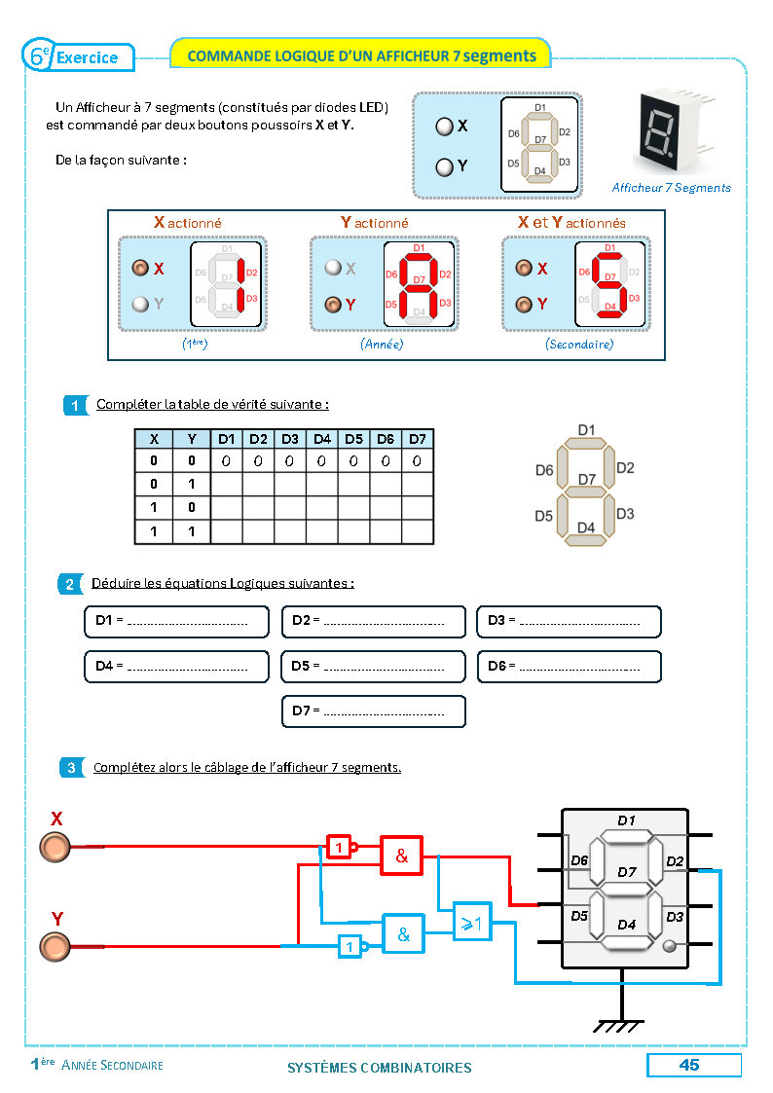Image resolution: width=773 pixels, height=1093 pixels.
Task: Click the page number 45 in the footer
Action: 689,1065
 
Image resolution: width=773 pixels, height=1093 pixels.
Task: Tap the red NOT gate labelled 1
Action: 338,847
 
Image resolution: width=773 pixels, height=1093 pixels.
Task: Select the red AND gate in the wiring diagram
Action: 401,856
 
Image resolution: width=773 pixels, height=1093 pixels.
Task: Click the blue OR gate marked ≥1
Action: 472,920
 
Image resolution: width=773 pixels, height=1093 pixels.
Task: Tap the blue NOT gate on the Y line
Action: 350,945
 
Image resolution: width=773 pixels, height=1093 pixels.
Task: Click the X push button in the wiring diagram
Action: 55,847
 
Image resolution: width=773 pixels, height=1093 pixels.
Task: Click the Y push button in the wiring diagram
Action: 55,945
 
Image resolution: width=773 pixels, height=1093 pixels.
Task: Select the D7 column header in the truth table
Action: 418,439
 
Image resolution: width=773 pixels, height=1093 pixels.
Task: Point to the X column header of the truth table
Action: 153,439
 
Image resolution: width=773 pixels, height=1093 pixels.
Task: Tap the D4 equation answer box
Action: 176,666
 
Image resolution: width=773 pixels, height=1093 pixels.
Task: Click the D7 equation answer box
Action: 373,711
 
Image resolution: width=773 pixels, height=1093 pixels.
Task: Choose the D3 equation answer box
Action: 569,621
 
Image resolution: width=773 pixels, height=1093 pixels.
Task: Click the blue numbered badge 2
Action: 70,584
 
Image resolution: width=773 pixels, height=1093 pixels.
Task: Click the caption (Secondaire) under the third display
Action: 579,345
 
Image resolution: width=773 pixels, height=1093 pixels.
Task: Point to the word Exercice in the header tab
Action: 87,57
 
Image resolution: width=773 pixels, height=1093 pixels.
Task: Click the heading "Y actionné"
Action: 375,223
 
